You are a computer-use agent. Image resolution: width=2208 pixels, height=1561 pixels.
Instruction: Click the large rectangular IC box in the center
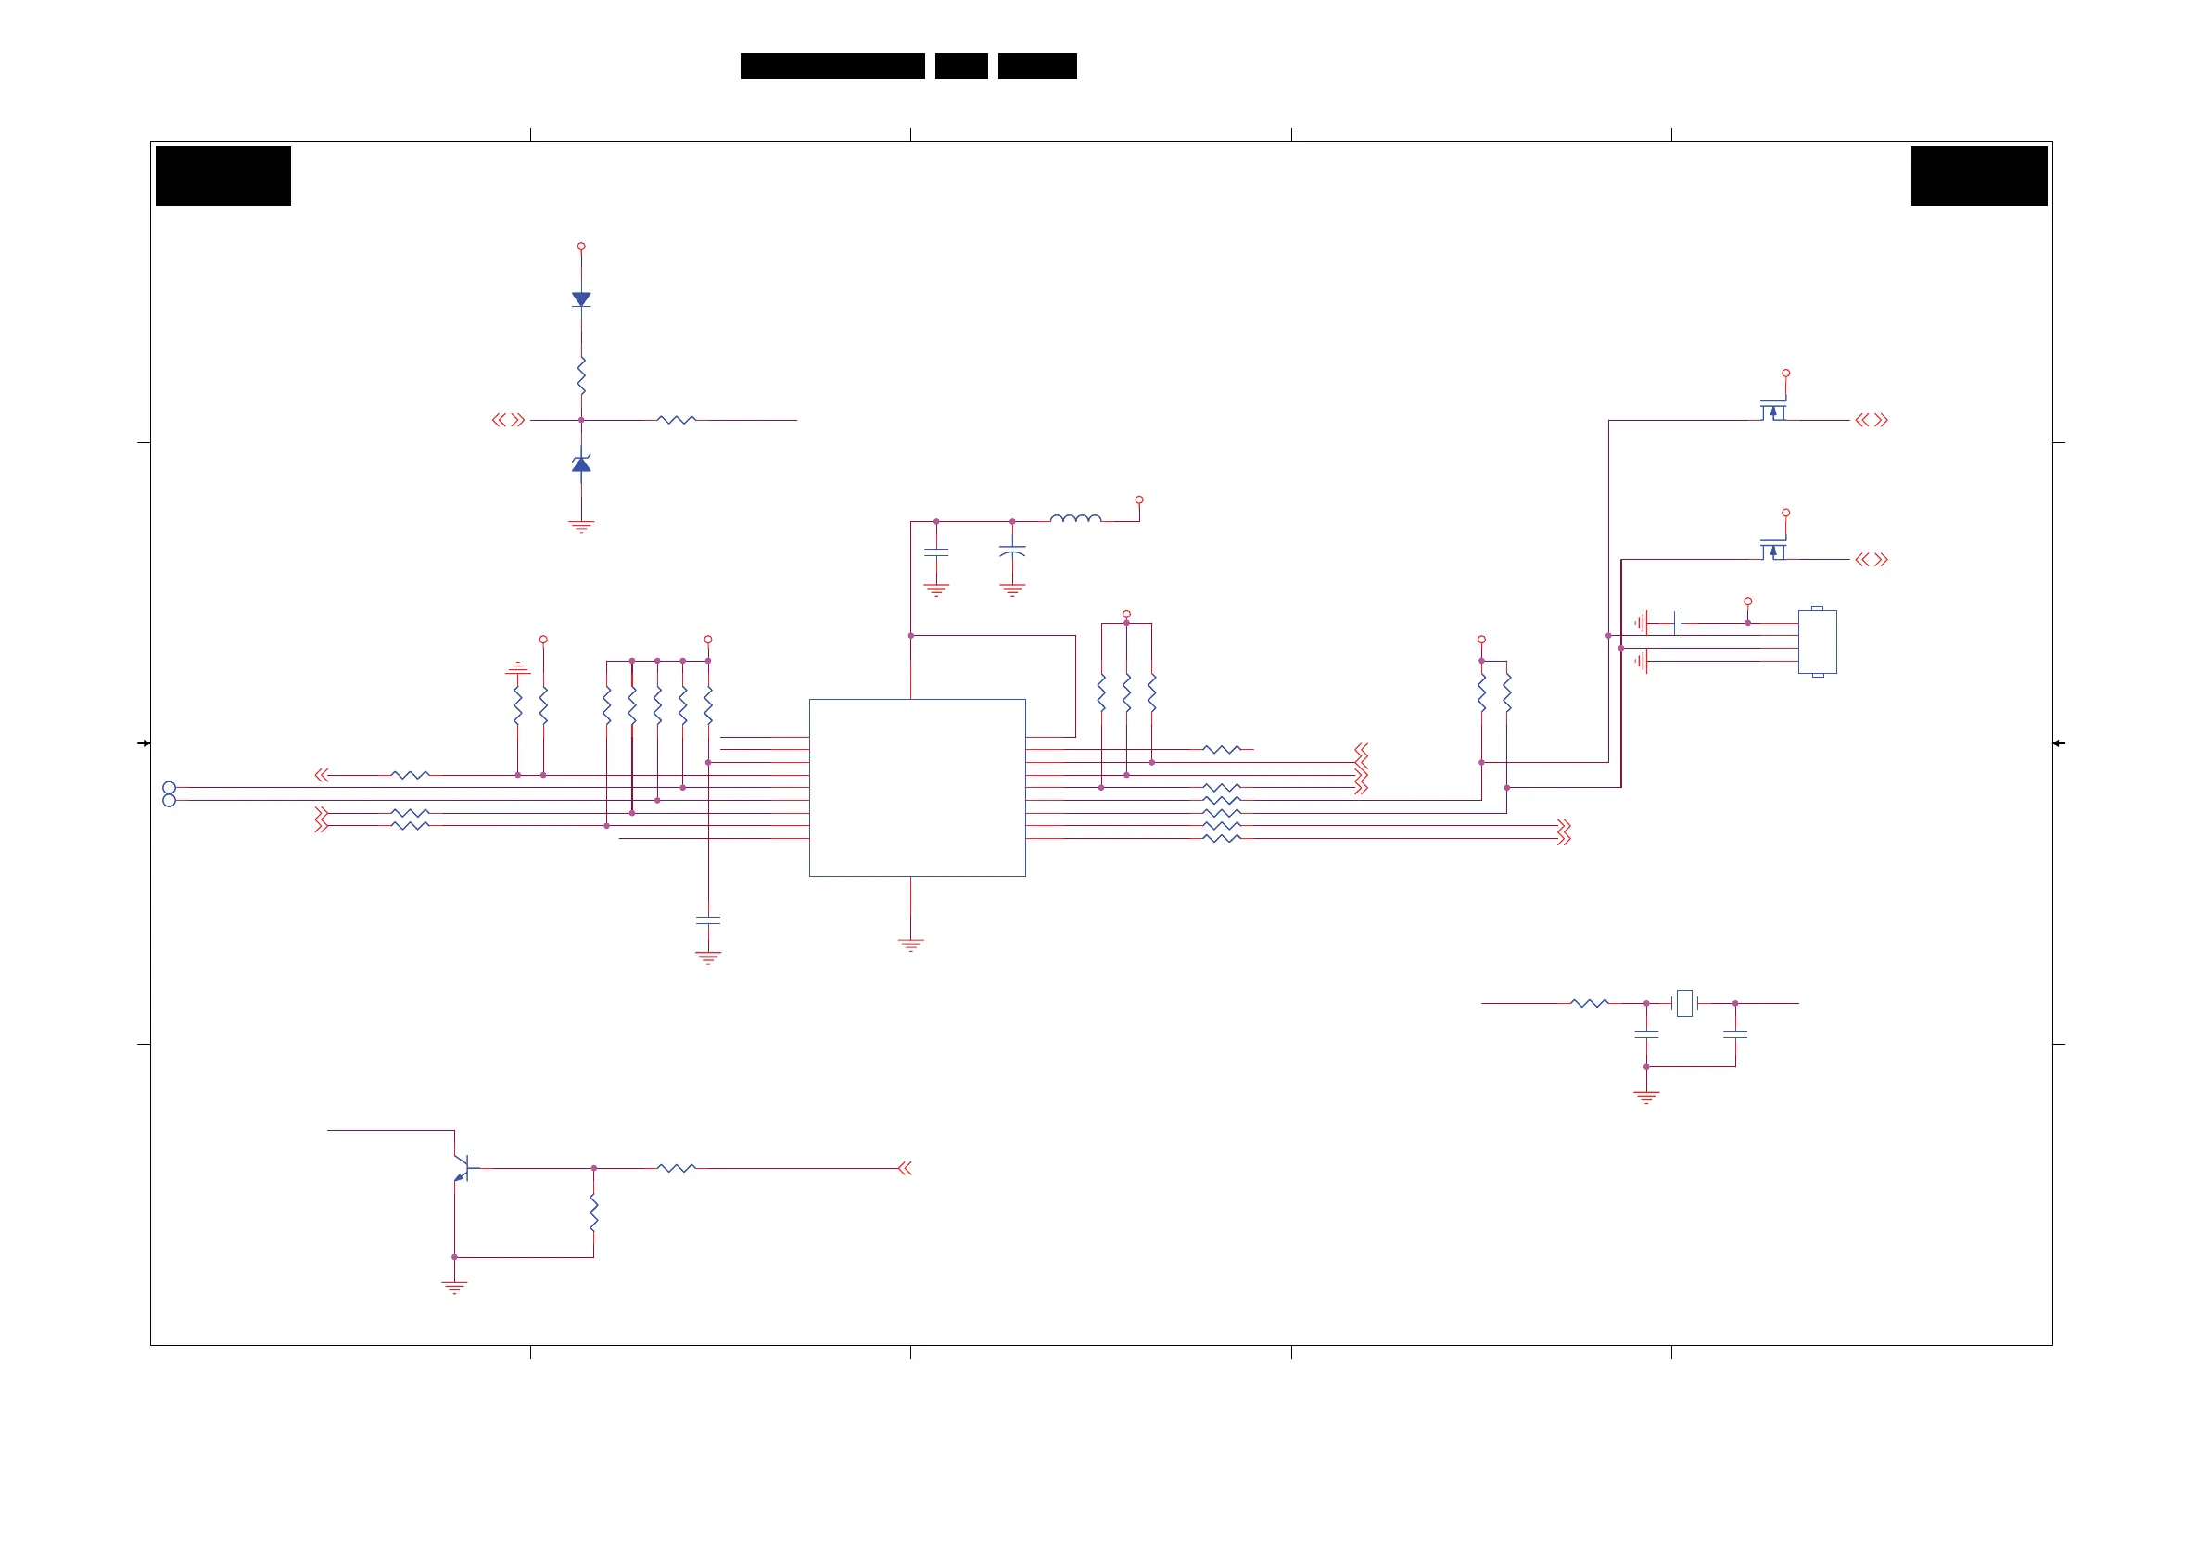click(917, 787)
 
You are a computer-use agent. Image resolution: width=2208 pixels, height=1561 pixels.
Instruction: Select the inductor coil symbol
click(1075, 518)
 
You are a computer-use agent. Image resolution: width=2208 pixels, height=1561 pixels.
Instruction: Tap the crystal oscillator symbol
click(1684, 1003)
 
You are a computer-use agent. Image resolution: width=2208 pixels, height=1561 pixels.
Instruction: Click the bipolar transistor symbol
click(463, 1168)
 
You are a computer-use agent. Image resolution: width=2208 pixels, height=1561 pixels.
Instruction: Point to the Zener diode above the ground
click(581, 464)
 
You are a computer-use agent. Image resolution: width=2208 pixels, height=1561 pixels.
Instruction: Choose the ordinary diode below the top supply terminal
click(581, 299)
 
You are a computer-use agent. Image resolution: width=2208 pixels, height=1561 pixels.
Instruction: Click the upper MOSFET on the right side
click(1773, 411)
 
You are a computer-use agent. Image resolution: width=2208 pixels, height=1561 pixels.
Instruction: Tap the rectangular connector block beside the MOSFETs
click(1817, 641)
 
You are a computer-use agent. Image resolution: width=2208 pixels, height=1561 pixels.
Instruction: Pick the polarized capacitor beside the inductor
click(1011, 552)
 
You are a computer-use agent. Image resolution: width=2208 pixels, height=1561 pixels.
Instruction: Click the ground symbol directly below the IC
click(910, 945)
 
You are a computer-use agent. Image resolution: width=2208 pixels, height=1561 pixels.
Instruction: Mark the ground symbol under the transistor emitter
click(454, 1287)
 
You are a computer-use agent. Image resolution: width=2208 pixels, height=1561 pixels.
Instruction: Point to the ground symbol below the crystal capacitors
click(1646, 1097)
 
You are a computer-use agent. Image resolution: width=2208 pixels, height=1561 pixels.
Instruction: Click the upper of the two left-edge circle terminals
click(170, 788)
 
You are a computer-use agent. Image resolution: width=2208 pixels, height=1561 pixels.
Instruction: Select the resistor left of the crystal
click(1589, 1003)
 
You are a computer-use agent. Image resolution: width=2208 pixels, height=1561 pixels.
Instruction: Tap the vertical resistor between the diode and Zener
click(581, 375)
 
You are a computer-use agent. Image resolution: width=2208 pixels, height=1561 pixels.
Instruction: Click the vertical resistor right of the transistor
click(593, 1212)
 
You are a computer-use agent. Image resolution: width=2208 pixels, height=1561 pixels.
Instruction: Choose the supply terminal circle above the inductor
click(1138, 501)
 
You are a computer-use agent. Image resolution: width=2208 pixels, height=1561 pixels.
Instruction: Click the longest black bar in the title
click(831, 66)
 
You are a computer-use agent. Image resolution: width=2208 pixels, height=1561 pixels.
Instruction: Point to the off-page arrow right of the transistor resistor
click(904, 1169)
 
